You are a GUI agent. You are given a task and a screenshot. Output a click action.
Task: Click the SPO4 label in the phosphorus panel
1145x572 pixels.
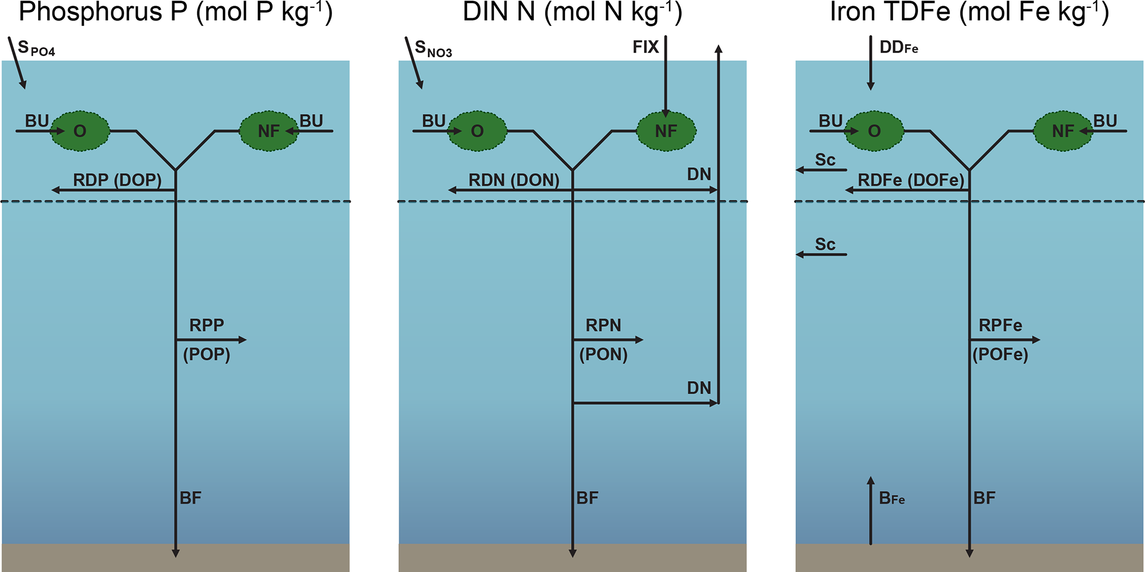pyautogui.click(x=36, y=49)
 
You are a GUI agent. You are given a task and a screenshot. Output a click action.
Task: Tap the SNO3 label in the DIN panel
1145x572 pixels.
pyautogui.click(x=433, y=49)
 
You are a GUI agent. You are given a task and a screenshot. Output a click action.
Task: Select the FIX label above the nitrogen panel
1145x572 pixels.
pyautogui.click(x=646, y=47)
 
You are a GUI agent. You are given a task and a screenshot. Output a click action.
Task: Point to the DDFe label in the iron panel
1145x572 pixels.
pyautogui.click(x=898, y=48)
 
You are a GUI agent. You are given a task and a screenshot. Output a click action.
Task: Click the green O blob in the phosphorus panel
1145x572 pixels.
pyautogui.click(x=80, y=131)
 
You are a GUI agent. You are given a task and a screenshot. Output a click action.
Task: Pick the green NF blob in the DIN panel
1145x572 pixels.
pyautogui.click(x=666, y=131)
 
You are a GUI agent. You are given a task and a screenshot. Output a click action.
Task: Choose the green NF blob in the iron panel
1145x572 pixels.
pyautogui.click(x=1063, y=131)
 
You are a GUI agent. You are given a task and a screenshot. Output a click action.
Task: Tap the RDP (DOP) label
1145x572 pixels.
pyautogui.click(x=117, y=180)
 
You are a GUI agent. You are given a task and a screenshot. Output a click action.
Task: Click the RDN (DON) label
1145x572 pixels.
pyautogui.click(x=514, y=180)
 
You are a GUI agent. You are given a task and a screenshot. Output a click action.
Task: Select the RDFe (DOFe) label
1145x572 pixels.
pyautogui.click(x=911, y=180)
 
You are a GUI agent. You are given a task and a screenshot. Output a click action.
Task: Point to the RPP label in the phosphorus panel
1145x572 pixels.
pyautogui.click(x=207, y=325)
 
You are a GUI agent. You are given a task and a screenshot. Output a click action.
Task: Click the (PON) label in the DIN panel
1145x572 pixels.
pyautogui.click(x=603, y=354)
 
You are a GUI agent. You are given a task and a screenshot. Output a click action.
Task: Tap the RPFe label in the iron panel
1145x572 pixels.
pyautogui.click(x=1000, y=325)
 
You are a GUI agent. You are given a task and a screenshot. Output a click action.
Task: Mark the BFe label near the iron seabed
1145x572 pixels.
pyautogui.click(x=892, y=498)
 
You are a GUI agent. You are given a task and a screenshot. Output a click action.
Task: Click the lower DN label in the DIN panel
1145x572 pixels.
pyautogui.click(x=699, y=388)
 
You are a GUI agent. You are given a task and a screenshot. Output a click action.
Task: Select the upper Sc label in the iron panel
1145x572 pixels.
pyautogui.click(x=825, y=160)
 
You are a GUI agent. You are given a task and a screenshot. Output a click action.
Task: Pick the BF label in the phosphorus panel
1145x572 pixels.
pyautogui.click(x=191, y=498)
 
